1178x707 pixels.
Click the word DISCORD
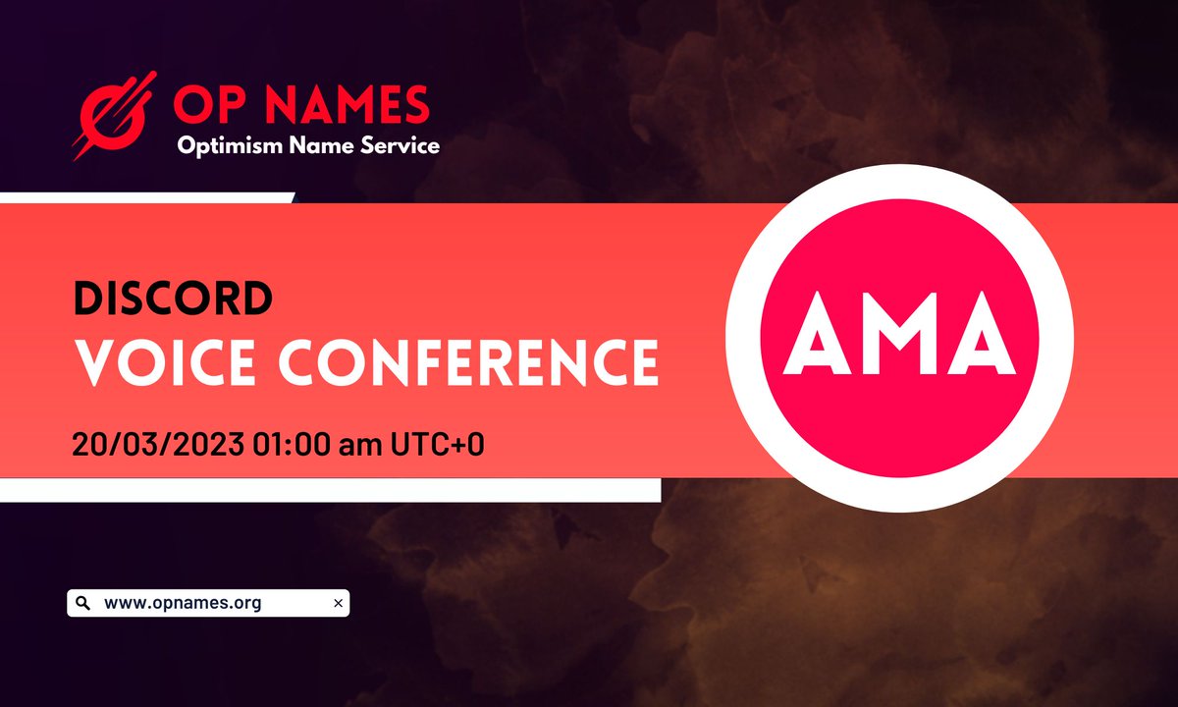(x=172, y=299)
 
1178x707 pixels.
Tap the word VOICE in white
(x=177, y=362)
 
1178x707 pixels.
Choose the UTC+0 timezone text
(x=436, y=443)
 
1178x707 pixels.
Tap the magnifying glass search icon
(x=82, y=603)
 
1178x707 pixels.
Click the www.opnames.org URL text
(x=183, y=603)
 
